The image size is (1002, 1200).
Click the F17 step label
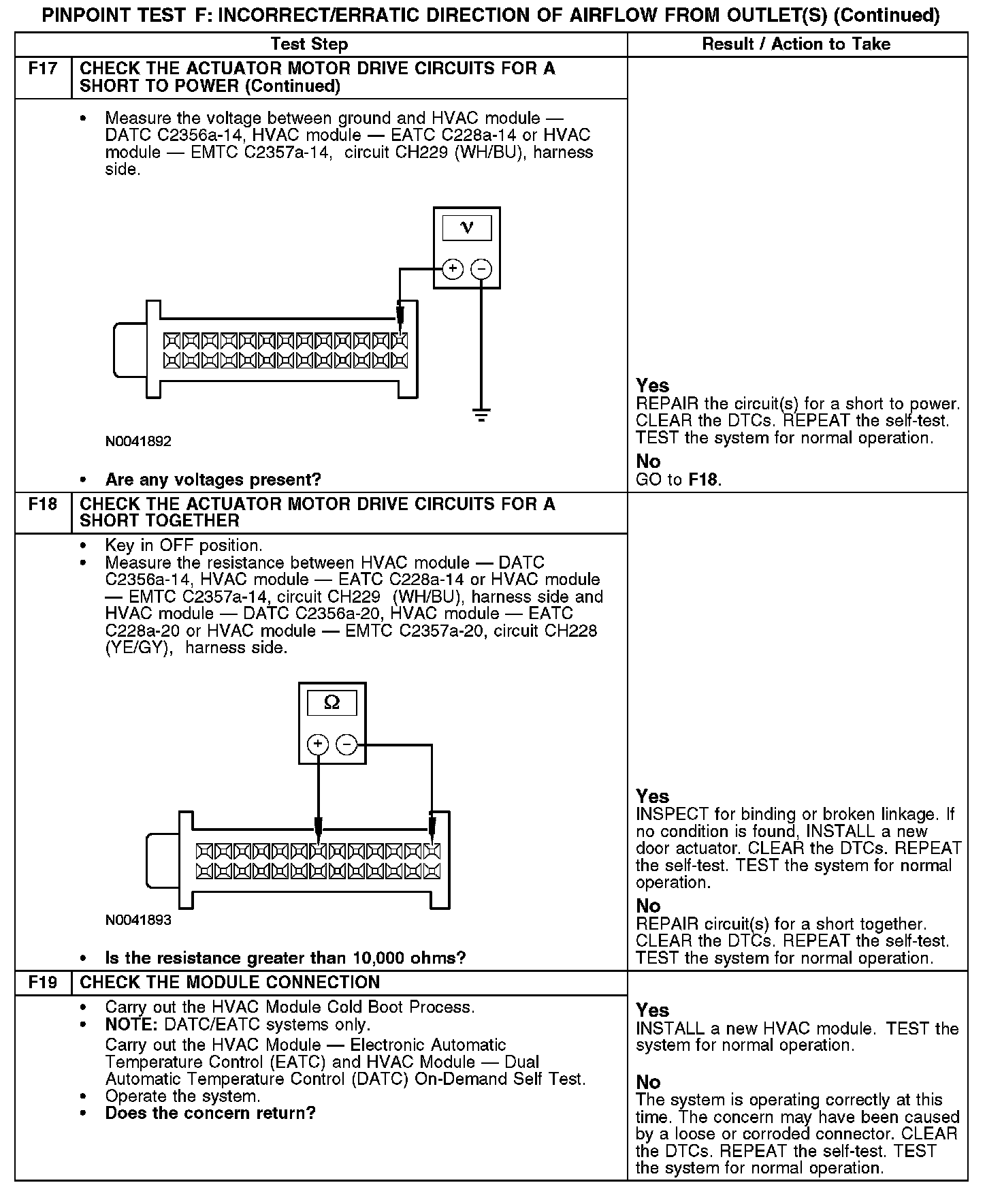[x=43, y=69]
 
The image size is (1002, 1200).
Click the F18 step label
[x=43, y=505]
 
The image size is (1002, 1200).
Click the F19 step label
[x=43, y=983]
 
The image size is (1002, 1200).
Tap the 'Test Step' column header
[x=309, y=44]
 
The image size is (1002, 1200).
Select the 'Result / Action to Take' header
[x=796, y=44]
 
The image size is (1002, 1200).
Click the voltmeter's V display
[x=467, y=228]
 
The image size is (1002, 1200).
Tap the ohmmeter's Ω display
[x=332, y=703]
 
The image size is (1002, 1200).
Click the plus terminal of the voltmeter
[x=453, y=269]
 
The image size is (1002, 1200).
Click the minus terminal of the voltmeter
[x=481, y=269]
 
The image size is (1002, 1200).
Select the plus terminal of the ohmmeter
[x=318, y=744]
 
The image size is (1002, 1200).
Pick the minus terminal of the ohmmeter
[x=346, y=744]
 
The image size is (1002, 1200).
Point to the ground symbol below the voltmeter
[x=481, y=415]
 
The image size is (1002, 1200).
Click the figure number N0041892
[x=138, y=441]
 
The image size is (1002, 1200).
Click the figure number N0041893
[x=138, y=920]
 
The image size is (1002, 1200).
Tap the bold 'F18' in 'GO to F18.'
[x=703, y=479]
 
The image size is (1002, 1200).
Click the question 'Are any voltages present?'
[x=212, y=479]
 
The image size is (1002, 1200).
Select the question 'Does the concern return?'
[x=210, y=1114]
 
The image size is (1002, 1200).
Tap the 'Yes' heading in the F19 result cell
[x=652, y=1010]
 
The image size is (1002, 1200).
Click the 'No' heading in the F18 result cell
[x=648, y=906]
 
